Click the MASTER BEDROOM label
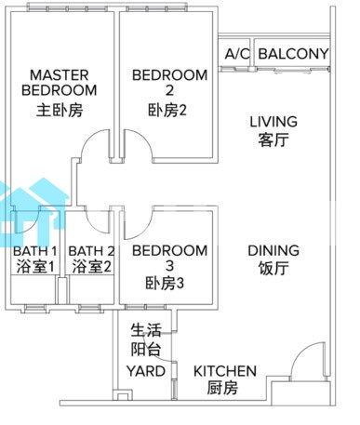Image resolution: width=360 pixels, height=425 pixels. [x=60, y=83]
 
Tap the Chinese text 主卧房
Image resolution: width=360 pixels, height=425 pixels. [x=60, y=111]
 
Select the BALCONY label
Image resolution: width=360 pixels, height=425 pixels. [x=293, y=54]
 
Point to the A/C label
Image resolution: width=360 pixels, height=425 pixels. [x=237, y=54]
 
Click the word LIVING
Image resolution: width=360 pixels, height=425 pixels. [x=273, y=122]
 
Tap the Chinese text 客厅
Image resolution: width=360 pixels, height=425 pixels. [x=273, y=139]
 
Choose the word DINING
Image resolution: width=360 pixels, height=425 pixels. [x=273, y=250]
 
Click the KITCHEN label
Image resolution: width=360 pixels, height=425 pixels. [x=225, y=371]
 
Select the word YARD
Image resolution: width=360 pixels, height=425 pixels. [x=146, y=371]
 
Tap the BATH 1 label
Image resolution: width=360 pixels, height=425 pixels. [x=35, y=251]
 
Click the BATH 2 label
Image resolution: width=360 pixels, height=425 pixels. [x=91, y=251]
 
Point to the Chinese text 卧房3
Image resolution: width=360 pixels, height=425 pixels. [x=165, y=283]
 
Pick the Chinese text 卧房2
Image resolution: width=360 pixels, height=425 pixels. [x=167, y=111]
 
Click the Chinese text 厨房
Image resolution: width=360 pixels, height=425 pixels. [x=222, y=388]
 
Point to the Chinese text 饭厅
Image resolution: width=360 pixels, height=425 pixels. [x=273, y=269]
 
